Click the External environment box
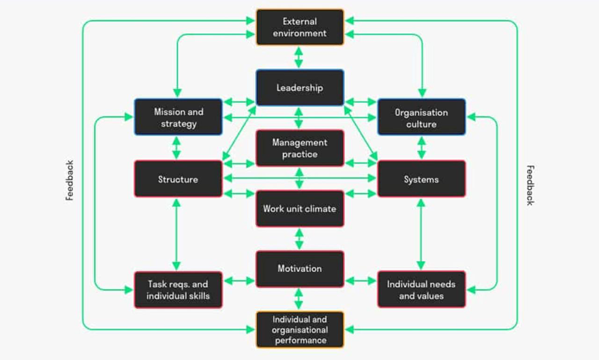pos(300,27)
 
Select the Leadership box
pos(300,88)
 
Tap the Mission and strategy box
pos(178,117)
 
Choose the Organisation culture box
pos(421,118)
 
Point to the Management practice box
pos(300,148)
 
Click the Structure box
pos(178,179)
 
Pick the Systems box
pos(421,179)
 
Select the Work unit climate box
pos(300,209)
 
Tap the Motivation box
pos(300,269)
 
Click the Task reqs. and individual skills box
pos(178,290)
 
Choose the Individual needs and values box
pos(421,290)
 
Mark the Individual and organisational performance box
pos(300,329)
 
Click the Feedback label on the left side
pos(70,180)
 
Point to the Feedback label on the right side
pos(530,185)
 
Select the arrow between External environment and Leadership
pos(299,57)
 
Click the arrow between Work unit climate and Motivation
pos(299,239)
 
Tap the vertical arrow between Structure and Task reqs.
pos(176,234)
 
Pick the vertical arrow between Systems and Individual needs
pos(420,234)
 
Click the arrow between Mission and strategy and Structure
pos(176,148)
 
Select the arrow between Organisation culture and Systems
pos(421,148)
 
